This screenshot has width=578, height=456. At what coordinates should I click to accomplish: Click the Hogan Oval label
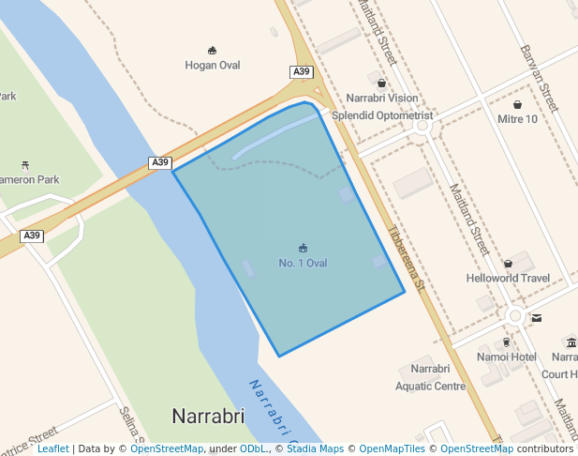tap(213, 65)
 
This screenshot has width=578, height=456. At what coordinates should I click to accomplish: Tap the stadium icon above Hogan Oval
tap(213, 51)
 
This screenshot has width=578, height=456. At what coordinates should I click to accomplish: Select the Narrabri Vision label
tap(382, 98)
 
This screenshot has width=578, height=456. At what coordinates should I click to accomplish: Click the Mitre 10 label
tap(517, 119)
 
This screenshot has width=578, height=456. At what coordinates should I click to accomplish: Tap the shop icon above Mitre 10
tap(517, 105)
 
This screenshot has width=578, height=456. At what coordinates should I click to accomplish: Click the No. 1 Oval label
tap(303, 263)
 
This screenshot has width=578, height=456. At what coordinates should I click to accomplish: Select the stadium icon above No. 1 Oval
tap(303, 248)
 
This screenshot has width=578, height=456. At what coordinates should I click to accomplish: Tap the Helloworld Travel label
tap(508, 278)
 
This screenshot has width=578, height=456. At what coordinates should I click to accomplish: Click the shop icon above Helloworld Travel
tap(508, 264)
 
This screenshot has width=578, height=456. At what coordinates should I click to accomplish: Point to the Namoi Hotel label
tap(506, 357)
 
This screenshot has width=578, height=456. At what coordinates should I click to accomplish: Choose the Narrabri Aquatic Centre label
tap(430, 377)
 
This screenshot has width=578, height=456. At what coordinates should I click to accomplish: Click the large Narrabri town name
tap(208, 415)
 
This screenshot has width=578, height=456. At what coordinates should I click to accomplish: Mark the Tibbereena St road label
tap(407, 257)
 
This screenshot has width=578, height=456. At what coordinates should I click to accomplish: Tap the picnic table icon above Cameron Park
tap(25, 164)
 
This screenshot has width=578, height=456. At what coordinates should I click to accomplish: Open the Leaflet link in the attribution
tap(52, 448)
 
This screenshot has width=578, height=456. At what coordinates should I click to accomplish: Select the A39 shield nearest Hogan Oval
tap(301, 72)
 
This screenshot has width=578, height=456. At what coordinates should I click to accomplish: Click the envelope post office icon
tap(536, 318)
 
